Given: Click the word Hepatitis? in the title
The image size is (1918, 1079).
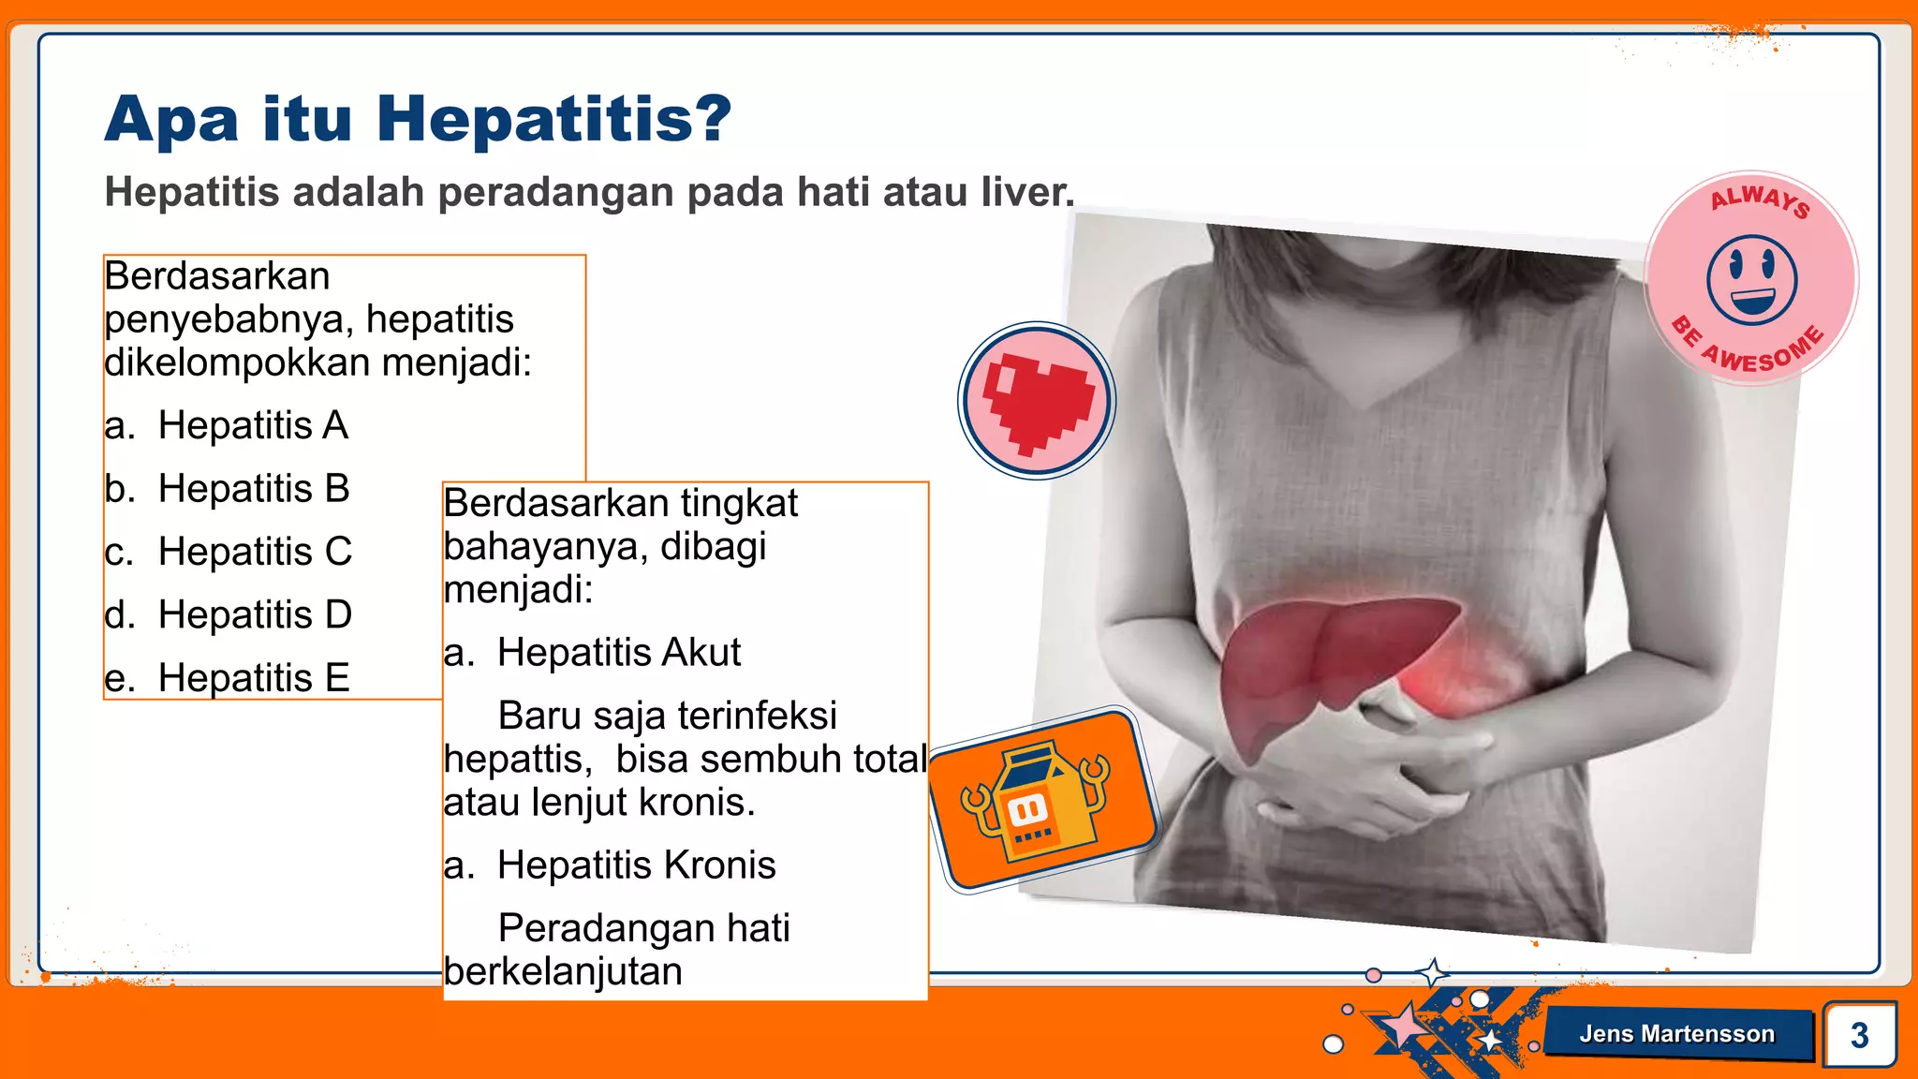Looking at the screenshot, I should [x=553, y=120].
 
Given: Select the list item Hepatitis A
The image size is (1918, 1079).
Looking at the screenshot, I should [x=253, y=425].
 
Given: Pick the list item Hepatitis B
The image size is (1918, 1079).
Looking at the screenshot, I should [x=254, y=489].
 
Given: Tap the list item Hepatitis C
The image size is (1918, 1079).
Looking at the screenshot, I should [x=255, y=552].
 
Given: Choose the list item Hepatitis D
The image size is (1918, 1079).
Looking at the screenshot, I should [x=255, y=615].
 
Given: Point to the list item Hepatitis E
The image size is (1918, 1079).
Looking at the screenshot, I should [x=254, y=678].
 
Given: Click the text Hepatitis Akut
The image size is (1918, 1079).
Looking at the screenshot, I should [x=618, y=653].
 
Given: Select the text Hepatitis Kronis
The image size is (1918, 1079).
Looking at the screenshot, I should [x=636, y=865].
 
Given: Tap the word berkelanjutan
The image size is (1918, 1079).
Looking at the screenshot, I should [x=563, y=972].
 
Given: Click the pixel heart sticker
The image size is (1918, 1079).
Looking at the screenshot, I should [x=1037, y=401].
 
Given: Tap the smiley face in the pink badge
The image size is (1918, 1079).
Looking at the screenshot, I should [x=1751, y=280].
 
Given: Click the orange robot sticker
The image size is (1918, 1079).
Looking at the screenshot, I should [x=1042, y=798].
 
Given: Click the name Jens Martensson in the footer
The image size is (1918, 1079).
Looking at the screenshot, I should [x=1676, y=1034].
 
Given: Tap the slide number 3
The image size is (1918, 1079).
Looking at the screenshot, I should [x=1859, y=1035].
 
